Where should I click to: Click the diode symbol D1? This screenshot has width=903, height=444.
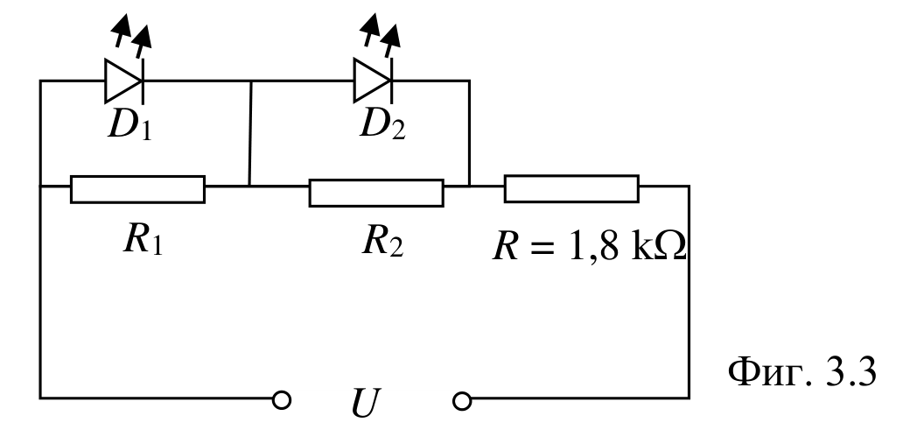[124, 81]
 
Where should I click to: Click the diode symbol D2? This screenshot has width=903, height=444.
[373, 81]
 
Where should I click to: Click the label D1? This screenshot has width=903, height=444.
[130, 125]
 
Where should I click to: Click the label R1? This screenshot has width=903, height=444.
[143, 239]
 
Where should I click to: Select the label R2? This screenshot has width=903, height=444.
[383, 242]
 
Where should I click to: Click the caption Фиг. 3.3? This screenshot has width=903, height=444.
[802, 372]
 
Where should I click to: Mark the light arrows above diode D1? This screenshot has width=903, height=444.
[132, 35]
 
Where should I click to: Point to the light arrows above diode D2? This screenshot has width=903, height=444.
[380, 35]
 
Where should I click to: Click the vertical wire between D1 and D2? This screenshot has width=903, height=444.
[250, 133]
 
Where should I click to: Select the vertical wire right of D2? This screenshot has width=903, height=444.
[469, 133]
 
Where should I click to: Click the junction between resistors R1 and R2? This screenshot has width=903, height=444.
[248, 186]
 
